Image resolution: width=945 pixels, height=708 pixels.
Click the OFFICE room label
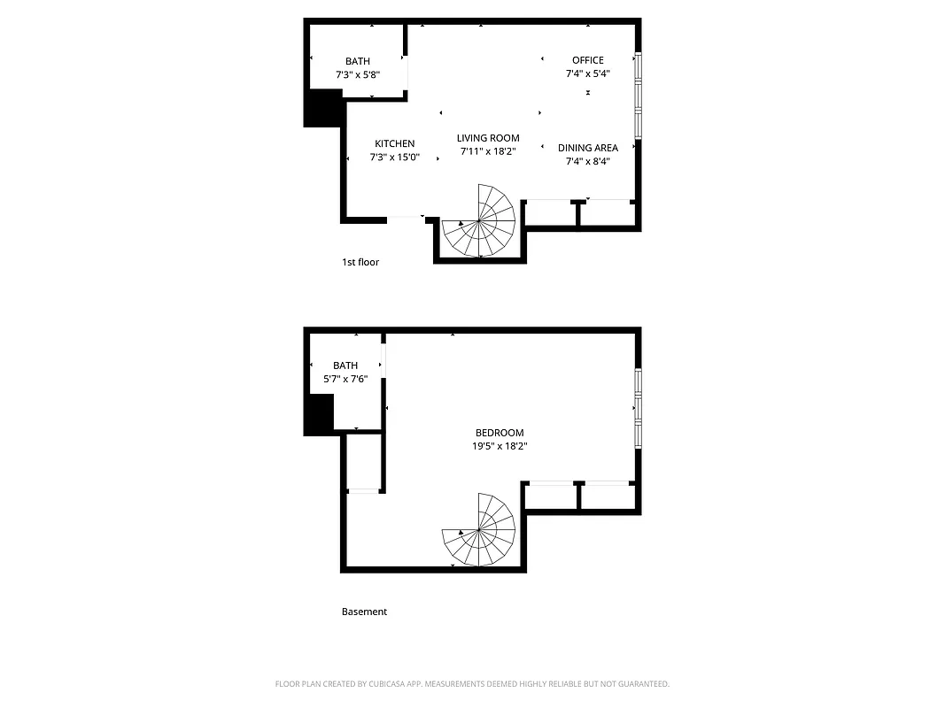[x=587, y=60]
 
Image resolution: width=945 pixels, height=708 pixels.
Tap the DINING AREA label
[x=587, y=148]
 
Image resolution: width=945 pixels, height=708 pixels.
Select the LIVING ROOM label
[x=488, y=138]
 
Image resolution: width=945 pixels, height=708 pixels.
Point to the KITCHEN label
[x=394, y=143]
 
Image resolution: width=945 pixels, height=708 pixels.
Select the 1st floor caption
[x=360, y=262]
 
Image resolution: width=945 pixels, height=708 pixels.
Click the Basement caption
[x=364, y=612]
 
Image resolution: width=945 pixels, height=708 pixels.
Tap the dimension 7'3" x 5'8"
[x=358, y=75]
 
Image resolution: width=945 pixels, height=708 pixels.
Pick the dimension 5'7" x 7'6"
[x=345, y=379]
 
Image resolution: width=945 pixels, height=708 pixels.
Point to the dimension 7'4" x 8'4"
[x=587, y=161]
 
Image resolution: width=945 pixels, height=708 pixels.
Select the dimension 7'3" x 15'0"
[x=394, y=158]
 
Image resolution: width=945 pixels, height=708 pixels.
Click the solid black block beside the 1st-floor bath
[x=323, y=108]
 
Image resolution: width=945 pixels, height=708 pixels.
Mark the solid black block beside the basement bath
[x=319, y=414]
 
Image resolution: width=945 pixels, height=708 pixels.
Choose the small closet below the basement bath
[x=363, y=462]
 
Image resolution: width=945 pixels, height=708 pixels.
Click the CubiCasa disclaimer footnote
[x=472, y=684]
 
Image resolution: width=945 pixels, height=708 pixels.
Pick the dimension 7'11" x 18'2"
[x=488, y=151]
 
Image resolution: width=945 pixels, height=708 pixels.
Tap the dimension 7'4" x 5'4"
[x=587, y=74]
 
